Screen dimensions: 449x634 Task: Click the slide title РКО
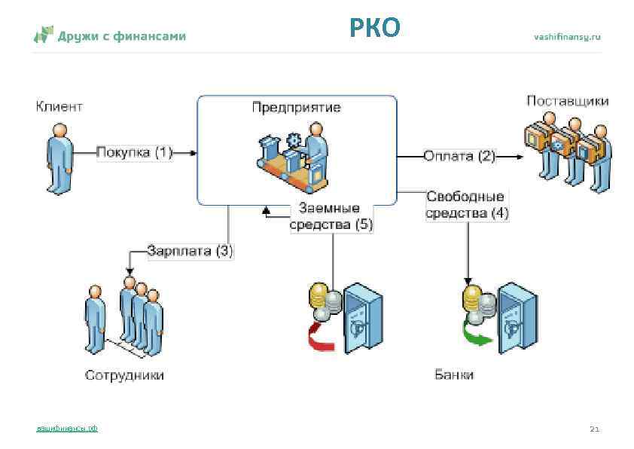[x=374, y=28]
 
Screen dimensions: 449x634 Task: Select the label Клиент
[x=59, y=106]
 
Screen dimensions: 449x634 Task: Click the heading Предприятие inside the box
[x=296, y=107]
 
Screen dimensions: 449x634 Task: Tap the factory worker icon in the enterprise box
[x=294, y=158]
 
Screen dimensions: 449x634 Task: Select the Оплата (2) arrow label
[x=459, y=157]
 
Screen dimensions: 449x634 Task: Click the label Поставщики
[x=567, y=101]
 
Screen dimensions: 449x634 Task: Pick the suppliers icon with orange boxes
[x=566, y=148]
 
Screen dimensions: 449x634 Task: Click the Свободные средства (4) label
[x=467, y=204]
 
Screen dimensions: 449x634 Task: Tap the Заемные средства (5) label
[x=331, y=216]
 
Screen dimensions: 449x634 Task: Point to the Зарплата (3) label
[x=190, y=251]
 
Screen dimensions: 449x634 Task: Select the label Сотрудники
[x=124, y=374]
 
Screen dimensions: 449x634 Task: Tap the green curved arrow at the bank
[x=476, y=334]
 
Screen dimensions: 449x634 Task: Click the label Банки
[x=454, y=374]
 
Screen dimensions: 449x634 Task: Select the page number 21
[x=594, y=429]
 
